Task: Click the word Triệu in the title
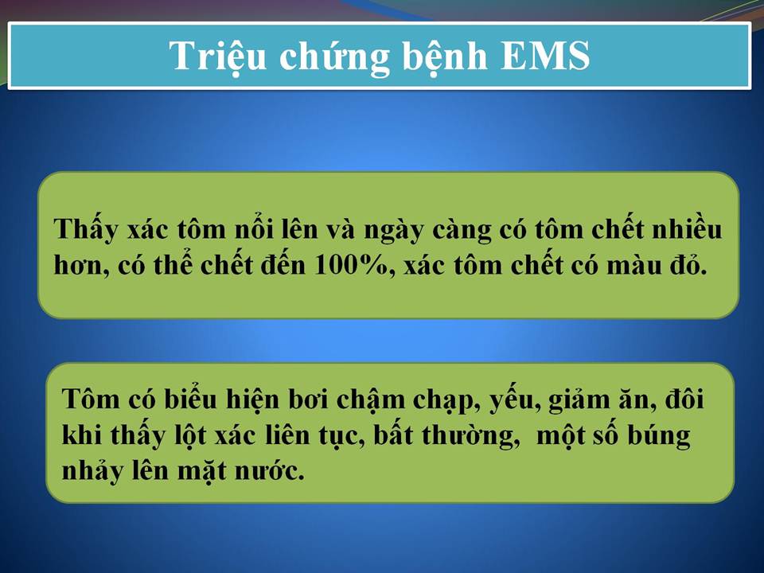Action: [218, 56]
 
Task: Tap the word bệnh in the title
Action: [445, 56]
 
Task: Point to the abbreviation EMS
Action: [545, 55]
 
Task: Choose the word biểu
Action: [190, 399]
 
